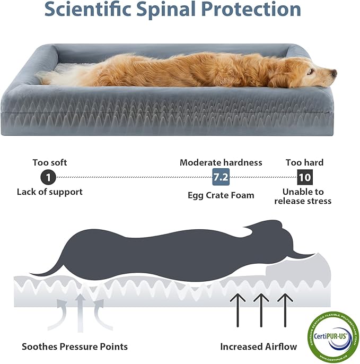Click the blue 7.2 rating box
click(221, 177)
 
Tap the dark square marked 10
click(304, 177)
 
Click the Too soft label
click(49, 162)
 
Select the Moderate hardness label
click(221, 162)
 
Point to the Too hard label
click(304, 162)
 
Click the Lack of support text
click(49, 192)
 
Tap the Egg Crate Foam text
click(221, 195)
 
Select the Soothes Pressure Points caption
click(75, 346)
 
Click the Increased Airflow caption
click(259, 346)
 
